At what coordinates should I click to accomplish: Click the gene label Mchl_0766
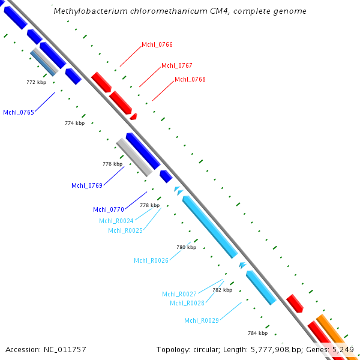(157, 44)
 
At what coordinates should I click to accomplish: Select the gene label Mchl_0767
(176, 65)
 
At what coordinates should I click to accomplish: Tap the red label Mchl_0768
(190, 79)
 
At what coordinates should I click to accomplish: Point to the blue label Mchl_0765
(19, 112)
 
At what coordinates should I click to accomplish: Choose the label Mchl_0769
(87, 185)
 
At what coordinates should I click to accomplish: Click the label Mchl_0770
(109, 209)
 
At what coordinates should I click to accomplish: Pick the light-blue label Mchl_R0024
(116, 221)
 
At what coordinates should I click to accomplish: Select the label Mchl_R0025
(125, 230)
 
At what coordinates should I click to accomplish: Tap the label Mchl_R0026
(151, 260)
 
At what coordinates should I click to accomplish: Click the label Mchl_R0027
(179, 294)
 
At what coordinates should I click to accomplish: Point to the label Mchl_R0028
(187, 303)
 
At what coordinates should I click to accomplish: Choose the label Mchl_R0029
(202, 320)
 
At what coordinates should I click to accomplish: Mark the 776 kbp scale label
(113, 164)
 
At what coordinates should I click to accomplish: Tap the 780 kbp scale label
(186, 247)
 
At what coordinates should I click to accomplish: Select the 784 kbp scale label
(257, 333)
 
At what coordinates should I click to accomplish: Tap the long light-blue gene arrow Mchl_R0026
(210, 227)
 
